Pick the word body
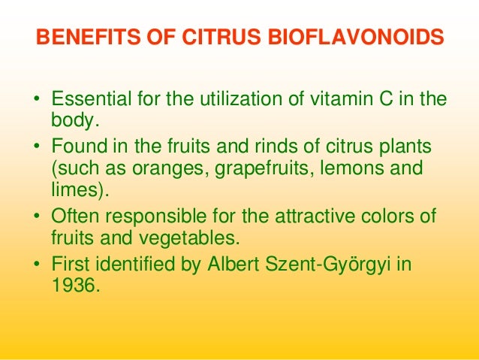72,120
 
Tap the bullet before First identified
35,265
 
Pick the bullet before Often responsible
35,217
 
